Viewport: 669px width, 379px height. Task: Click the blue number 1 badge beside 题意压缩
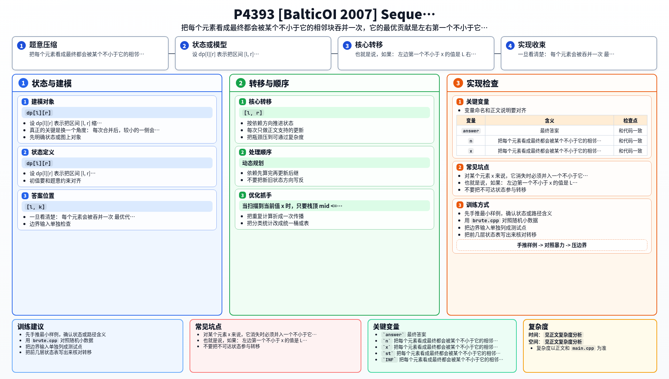click(21, 46)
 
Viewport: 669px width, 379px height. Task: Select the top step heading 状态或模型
click(209, 45)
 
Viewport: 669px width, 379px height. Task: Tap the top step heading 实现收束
click(532, 45)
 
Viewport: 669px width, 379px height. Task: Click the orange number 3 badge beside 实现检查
click(458, 83)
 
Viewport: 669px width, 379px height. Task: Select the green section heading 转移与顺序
click(269, 84)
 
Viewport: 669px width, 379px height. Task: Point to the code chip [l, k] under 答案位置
click(36, 207)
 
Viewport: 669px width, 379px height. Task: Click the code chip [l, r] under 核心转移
click(253, 113)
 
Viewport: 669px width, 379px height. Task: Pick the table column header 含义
click(549, 121)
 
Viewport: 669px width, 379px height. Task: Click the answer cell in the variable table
click(471, 131)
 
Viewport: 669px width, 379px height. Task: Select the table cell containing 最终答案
click(549, 131)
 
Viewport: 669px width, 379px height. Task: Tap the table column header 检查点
click(630, 121)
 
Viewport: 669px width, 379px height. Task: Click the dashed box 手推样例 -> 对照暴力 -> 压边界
click(552, 245)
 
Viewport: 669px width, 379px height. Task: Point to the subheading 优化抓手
click(260, 195)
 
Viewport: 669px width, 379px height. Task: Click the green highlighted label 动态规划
click(253, 163)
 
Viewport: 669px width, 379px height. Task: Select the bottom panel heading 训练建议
click(31, 327)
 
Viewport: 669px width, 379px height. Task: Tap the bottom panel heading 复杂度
click(538, 327)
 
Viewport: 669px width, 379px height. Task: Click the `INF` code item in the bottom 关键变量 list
click(389, 360)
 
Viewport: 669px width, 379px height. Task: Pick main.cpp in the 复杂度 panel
click(583, 348)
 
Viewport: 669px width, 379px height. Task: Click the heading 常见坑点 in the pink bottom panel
click(208, 327)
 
